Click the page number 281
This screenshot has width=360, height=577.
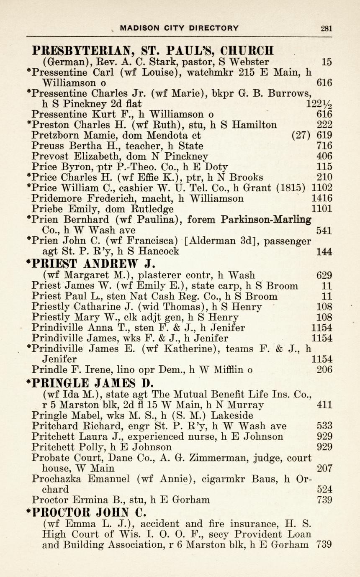[x=327, y=28]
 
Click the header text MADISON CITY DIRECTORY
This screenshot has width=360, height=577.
[x=179, y=28]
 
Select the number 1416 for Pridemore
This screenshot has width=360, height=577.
[x=322, y=198]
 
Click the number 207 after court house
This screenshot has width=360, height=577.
[x=324, y=468]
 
